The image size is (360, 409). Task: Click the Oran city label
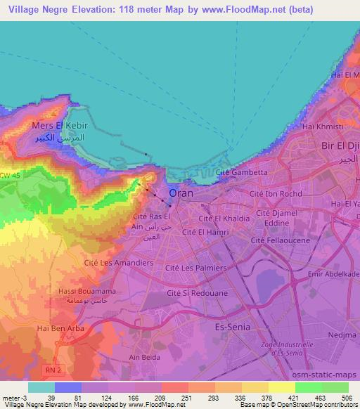tap(181, 193)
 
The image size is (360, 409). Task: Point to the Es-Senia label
tap(233, 327)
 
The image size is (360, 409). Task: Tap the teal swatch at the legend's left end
tap(41, 387)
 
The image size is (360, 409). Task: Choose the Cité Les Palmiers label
tap(196, 268)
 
